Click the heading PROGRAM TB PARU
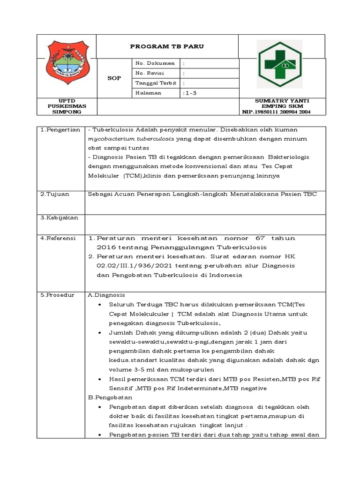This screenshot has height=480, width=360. coord(167,46)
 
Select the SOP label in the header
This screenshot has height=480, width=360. coord(114,78)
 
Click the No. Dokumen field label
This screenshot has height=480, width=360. coord(155,63)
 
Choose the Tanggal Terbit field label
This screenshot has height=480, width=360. coord(156,83)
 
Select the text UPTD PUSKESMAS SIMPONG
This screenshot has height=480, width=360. coord(66,106)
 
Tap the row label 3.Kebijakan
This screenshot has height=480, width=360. coord(59,217)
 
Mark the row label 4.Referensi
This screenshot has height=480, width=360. coord(58,238)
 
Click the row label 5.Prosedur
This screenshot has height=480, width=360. coord(57,295)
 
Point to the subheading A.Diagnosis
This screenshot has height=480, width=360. coord(106,295)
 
